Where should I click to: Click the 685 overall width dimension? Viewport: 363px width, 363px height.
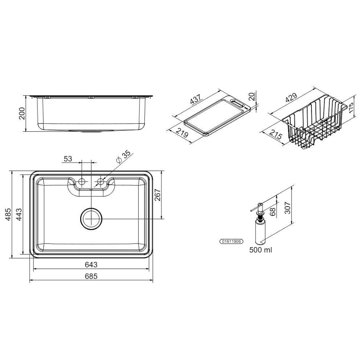(x=91, y=276)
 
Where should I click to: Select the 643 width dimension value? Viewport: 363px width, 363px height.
(x=91, y=264)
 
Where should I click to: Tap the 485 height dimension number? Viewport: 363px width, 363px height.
(x=8, y=215)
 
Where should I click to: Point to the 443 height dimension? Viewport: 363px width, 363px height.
(x=19, y=215)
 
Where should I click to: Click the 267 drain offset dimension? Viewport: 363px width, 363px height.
(x=158, y=195)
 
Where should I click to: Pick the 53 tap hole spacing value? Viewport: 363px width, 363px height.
(x=68, y=159)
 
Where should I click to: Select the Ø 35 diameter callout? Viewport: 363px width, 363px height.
(x=123, y=157)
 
